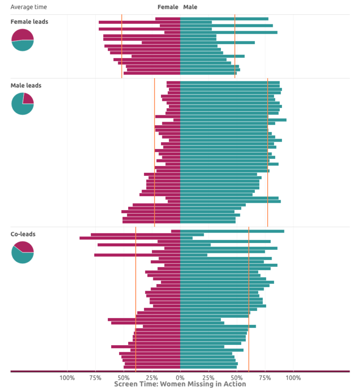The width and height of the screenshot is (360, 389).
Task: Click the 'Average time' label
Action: (x=25, y=7)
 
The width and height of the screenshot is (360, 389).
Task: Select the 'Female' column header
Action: (x=167, y=7)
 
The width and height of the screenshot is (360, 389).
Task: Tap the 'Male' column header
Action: (x=190, y=7)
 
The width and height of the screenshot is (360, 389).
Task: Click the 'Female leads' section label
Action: (x=29, y=22)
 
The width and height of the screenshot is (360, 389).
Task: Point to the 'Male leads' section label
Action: (x=26, y=85)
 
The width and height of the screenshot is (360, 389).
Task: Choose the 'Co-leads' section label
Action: (x=23, y=234)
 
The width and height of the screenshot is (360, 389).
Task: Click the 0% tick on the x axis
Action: (x=180, y=378)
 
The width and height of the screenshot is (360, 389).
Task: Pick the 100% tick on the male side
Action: (x=293, y=378)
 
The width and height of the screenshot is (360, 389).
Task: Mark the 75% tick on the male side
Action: (x=265, y=378)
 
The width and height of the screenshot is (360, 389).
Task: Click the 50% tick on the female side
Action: (x=124, y=378)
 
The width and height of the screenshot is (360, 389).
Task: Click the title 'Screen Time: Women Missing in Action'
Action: (x=180, y=384)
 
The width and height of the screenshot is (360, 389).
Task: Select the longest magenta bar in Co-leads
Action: (x=130, y=238)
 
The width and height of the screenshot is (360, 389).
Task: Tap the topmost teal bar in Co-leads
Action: (x=232, y=231)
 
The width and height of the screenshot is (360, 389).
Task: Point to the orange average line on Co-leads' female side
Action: (x=136, y=298)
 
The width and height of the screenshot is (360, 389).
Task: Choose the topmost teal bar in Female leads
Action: (x=224, y=19)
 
